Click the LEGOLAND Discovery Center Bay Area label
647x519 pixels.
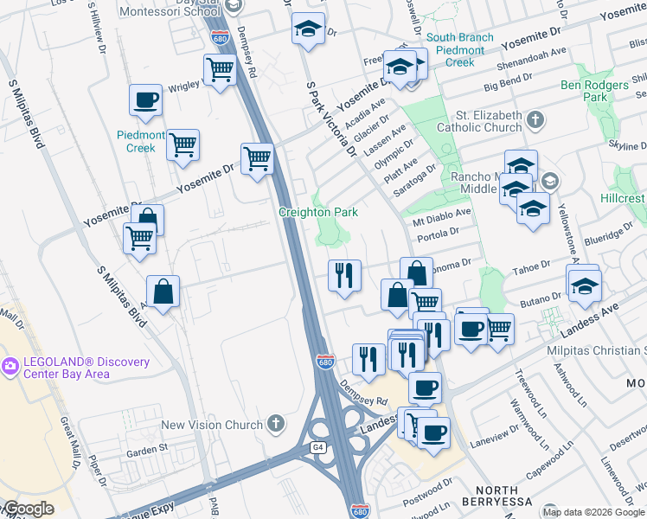(86, 368)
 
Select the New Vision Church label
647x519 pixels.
(212, 425)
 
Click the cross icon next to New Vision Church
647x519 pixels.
(276, 424)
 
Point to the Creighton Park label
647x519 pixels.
(317, 212)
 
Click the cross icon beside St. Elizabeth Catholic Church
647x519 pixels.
(535, 119)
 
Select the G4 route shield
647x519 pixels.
(318, 446)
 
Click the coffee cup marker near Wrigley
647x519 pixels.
(145, 99)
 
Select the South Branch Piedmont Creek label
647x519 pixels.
(459, 50)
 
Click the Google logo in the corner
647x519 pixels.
(29, 509)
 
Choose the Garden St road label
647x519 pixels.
(146, 450)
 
